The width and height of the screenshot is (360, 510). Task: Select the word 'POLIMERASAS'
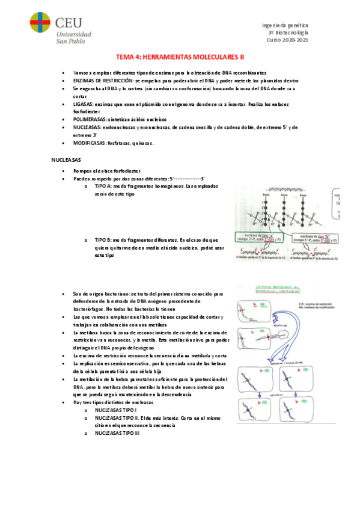pos(90,120)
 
